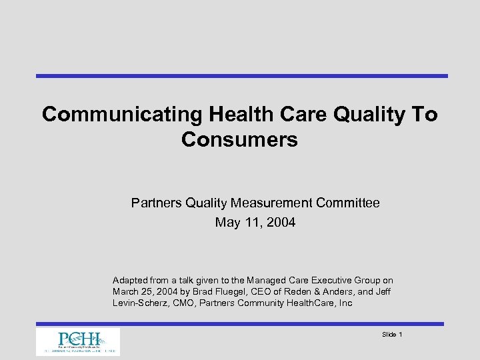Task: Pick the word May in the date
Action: click(x=227, y=222)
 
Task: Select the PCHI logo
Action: click(x=77, y=341)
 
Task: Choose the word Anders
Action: click(x=335, y=292)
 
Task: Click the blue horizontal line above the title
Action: click(x=241, y=76)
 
